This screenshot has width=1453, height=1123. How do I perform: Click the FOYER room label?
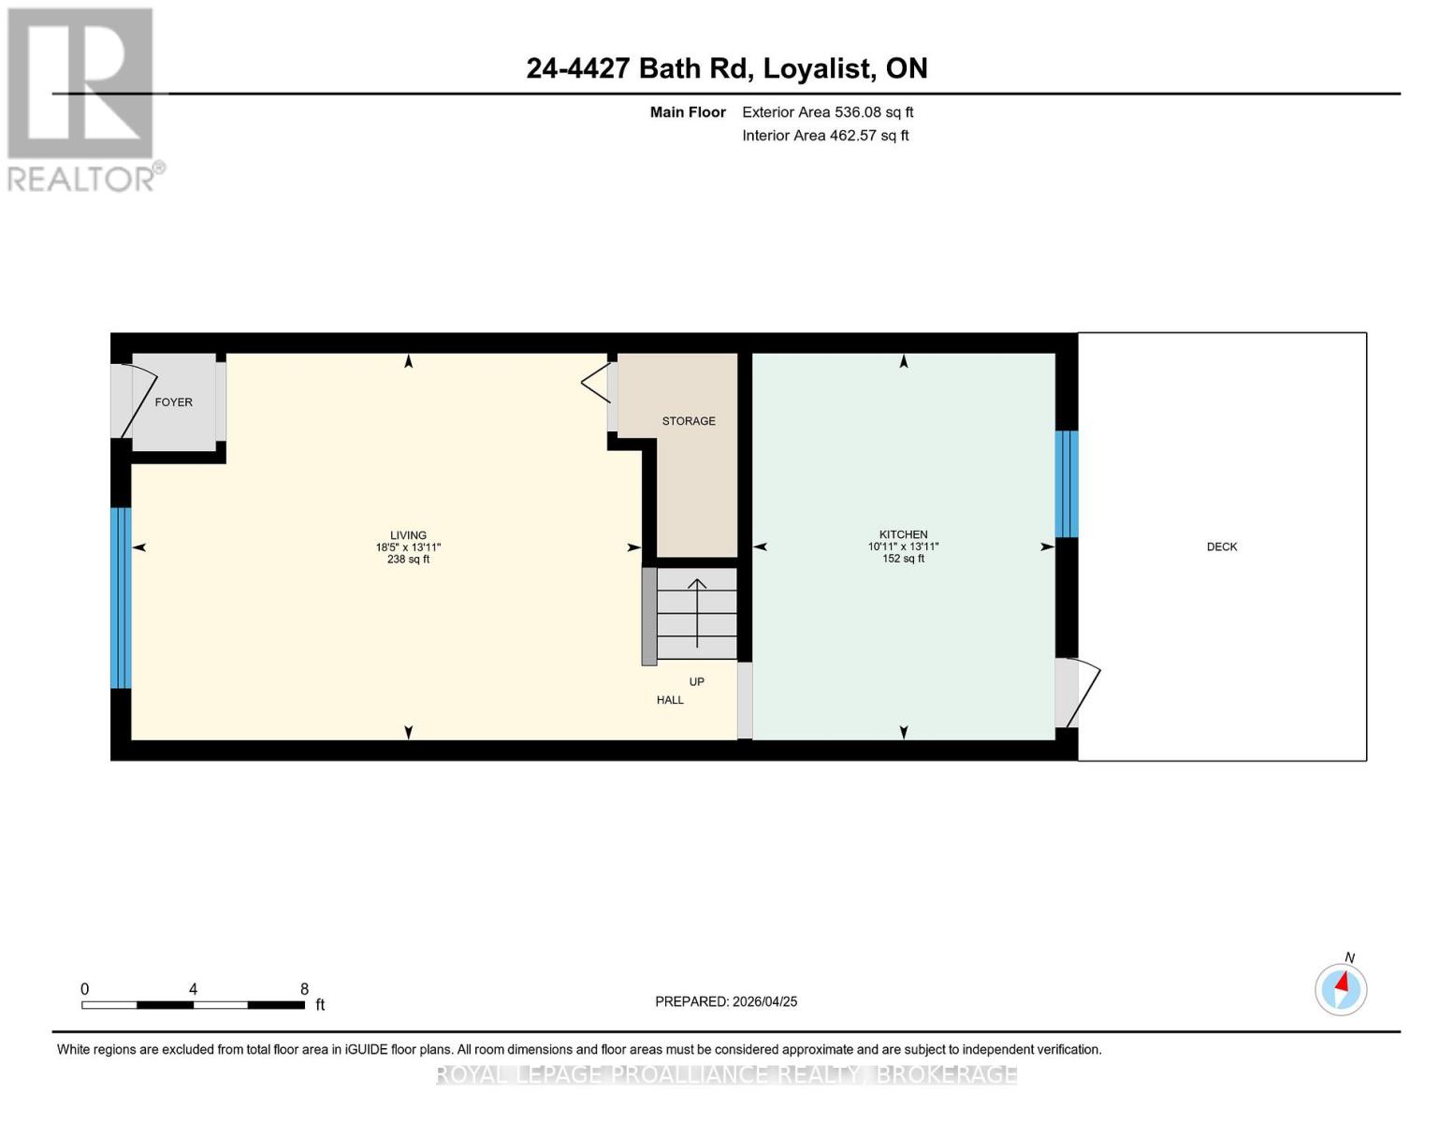(x=173, y=402)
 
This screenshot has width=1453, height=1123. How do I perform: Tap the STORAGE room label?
(x=689, y=421)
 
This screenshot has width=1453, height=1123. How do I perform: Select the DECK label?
(x=1221, y=547)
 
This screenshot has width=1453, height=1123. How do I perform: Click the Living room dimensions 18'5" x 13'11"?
(x=408, y=547)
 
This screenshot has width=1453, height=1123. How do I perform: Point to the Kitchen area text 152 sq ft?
(x=903, y=559)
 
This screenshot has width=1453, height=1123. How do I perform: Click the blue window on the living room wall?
(x=121, y=598)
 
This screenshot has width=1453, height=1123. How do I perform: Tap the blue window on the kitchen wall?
(x=1067, y=484)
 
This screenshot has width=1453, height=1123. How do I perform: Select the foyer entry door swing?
(x=136, y=401)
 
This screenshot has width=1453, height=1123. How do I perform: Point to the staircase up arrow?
(x=697, y=612)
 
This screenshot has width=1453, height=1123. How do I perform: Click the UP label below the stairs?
(x=697, y=682)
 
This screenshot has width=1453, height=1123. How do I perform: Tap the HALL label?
(x=670, y=700)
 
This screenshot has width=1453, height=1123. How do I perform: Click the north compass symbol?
(x=1341, y=988)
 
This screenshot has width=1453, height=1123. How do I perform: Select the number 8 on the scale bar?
(x=304, y=989)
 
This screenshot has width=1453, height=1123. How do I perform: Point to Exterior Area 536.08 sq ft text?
(x=827, y=112)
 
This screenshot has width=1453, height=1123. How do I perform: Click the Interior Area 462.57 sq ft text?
(x=825, y=136)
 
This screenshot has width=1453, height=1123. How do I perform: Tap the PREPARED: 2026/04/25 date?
(x=726, y=1001)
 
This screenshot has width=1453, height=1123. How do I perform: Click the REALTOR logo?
(x=82, y=99)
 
